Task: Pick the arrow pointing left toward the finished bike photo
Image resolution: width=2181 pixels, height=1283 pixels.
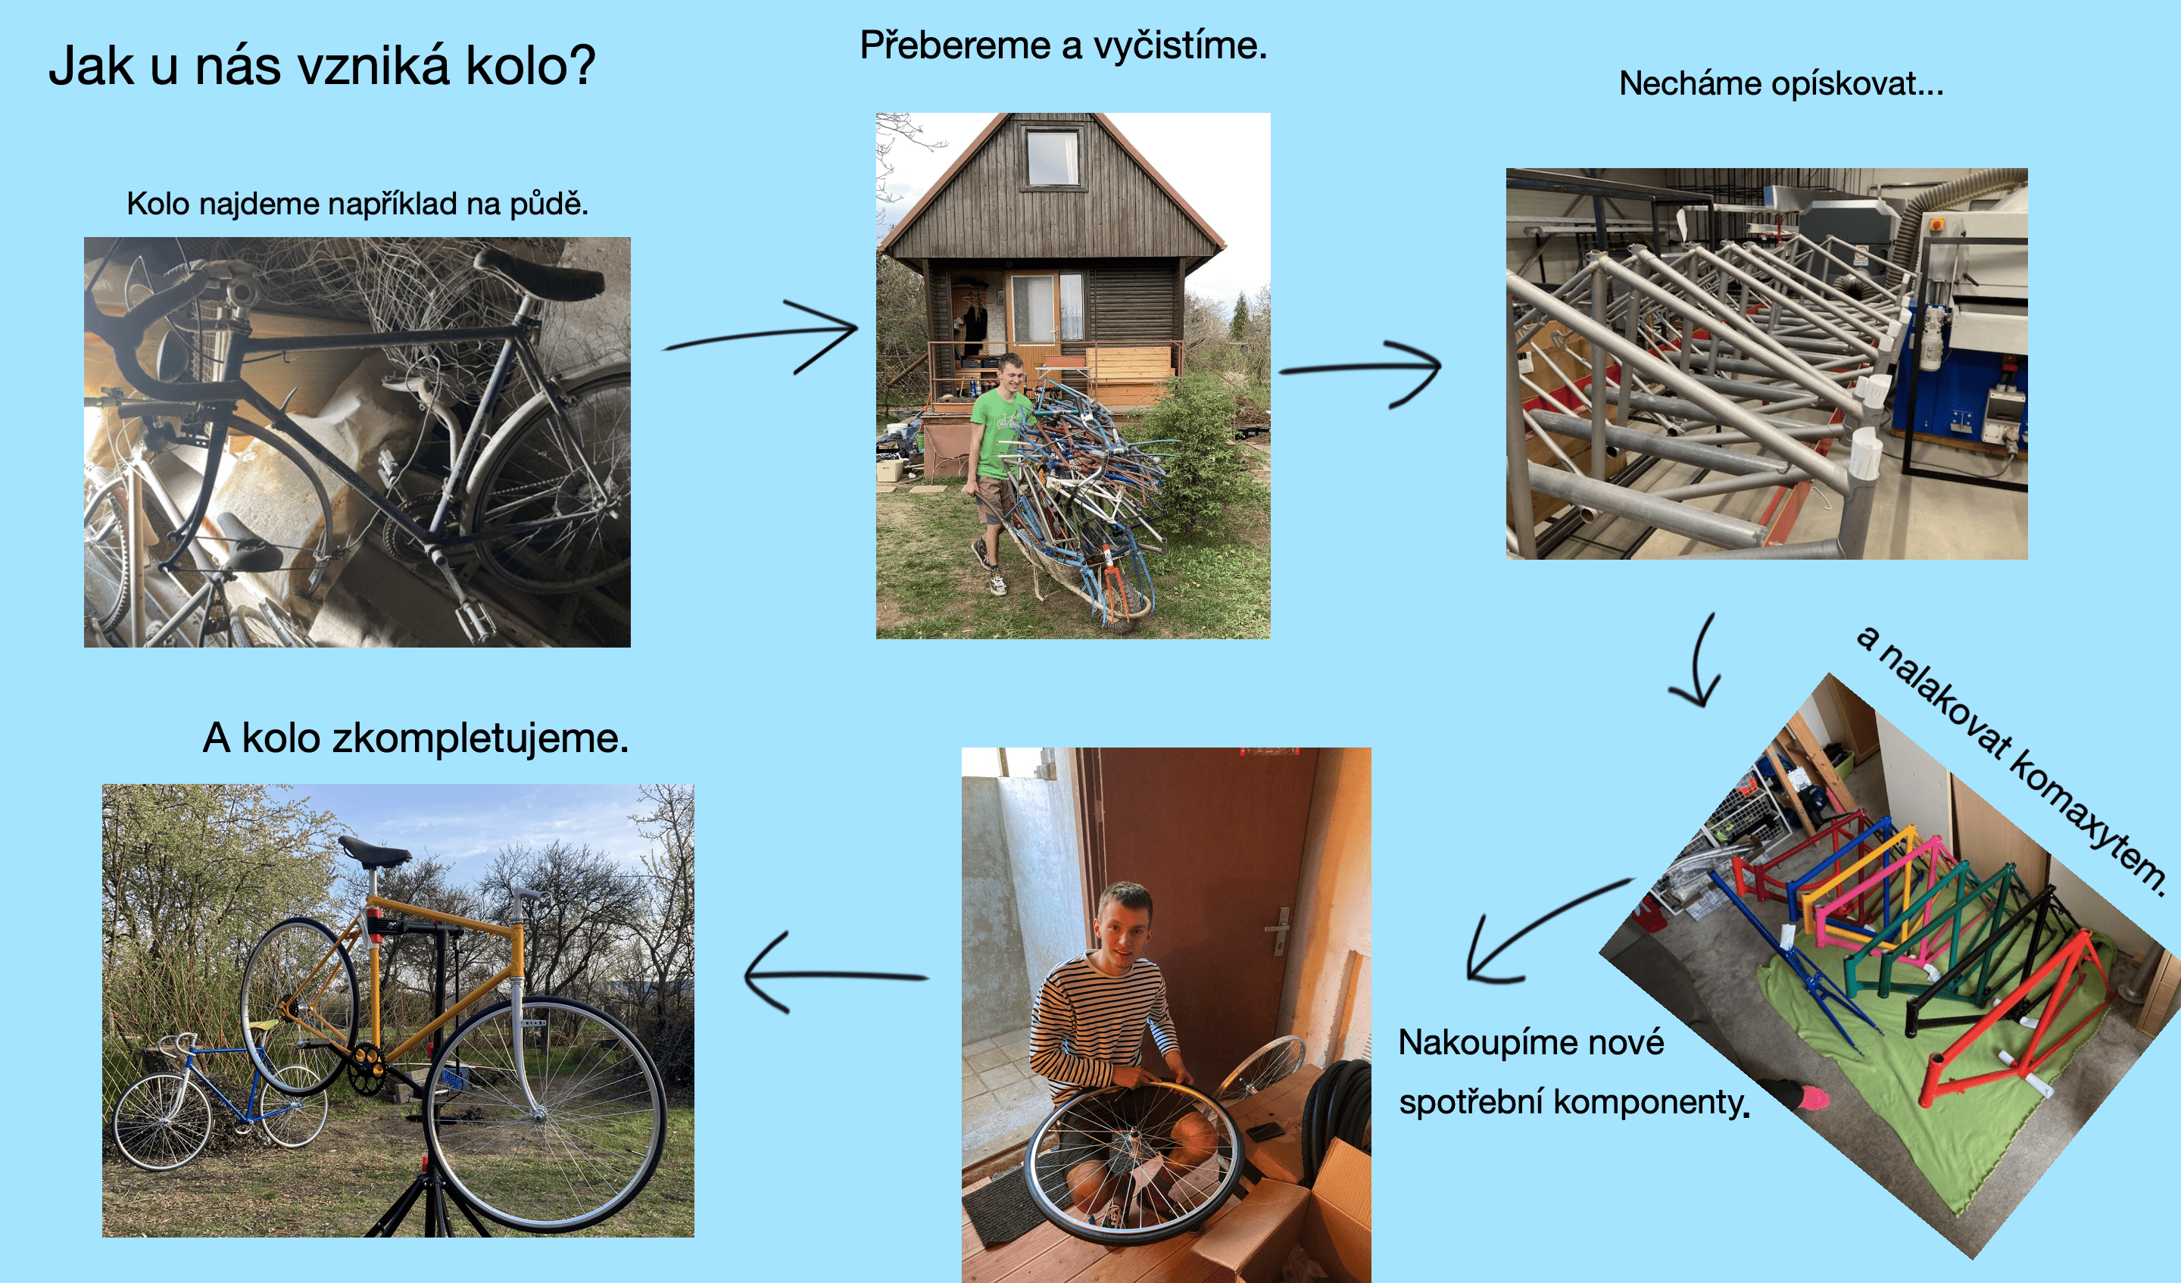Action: (x=835, y=975)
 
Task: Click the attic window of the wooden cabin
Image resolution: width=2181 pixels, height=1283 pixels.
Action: (x=1052, y=157)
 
